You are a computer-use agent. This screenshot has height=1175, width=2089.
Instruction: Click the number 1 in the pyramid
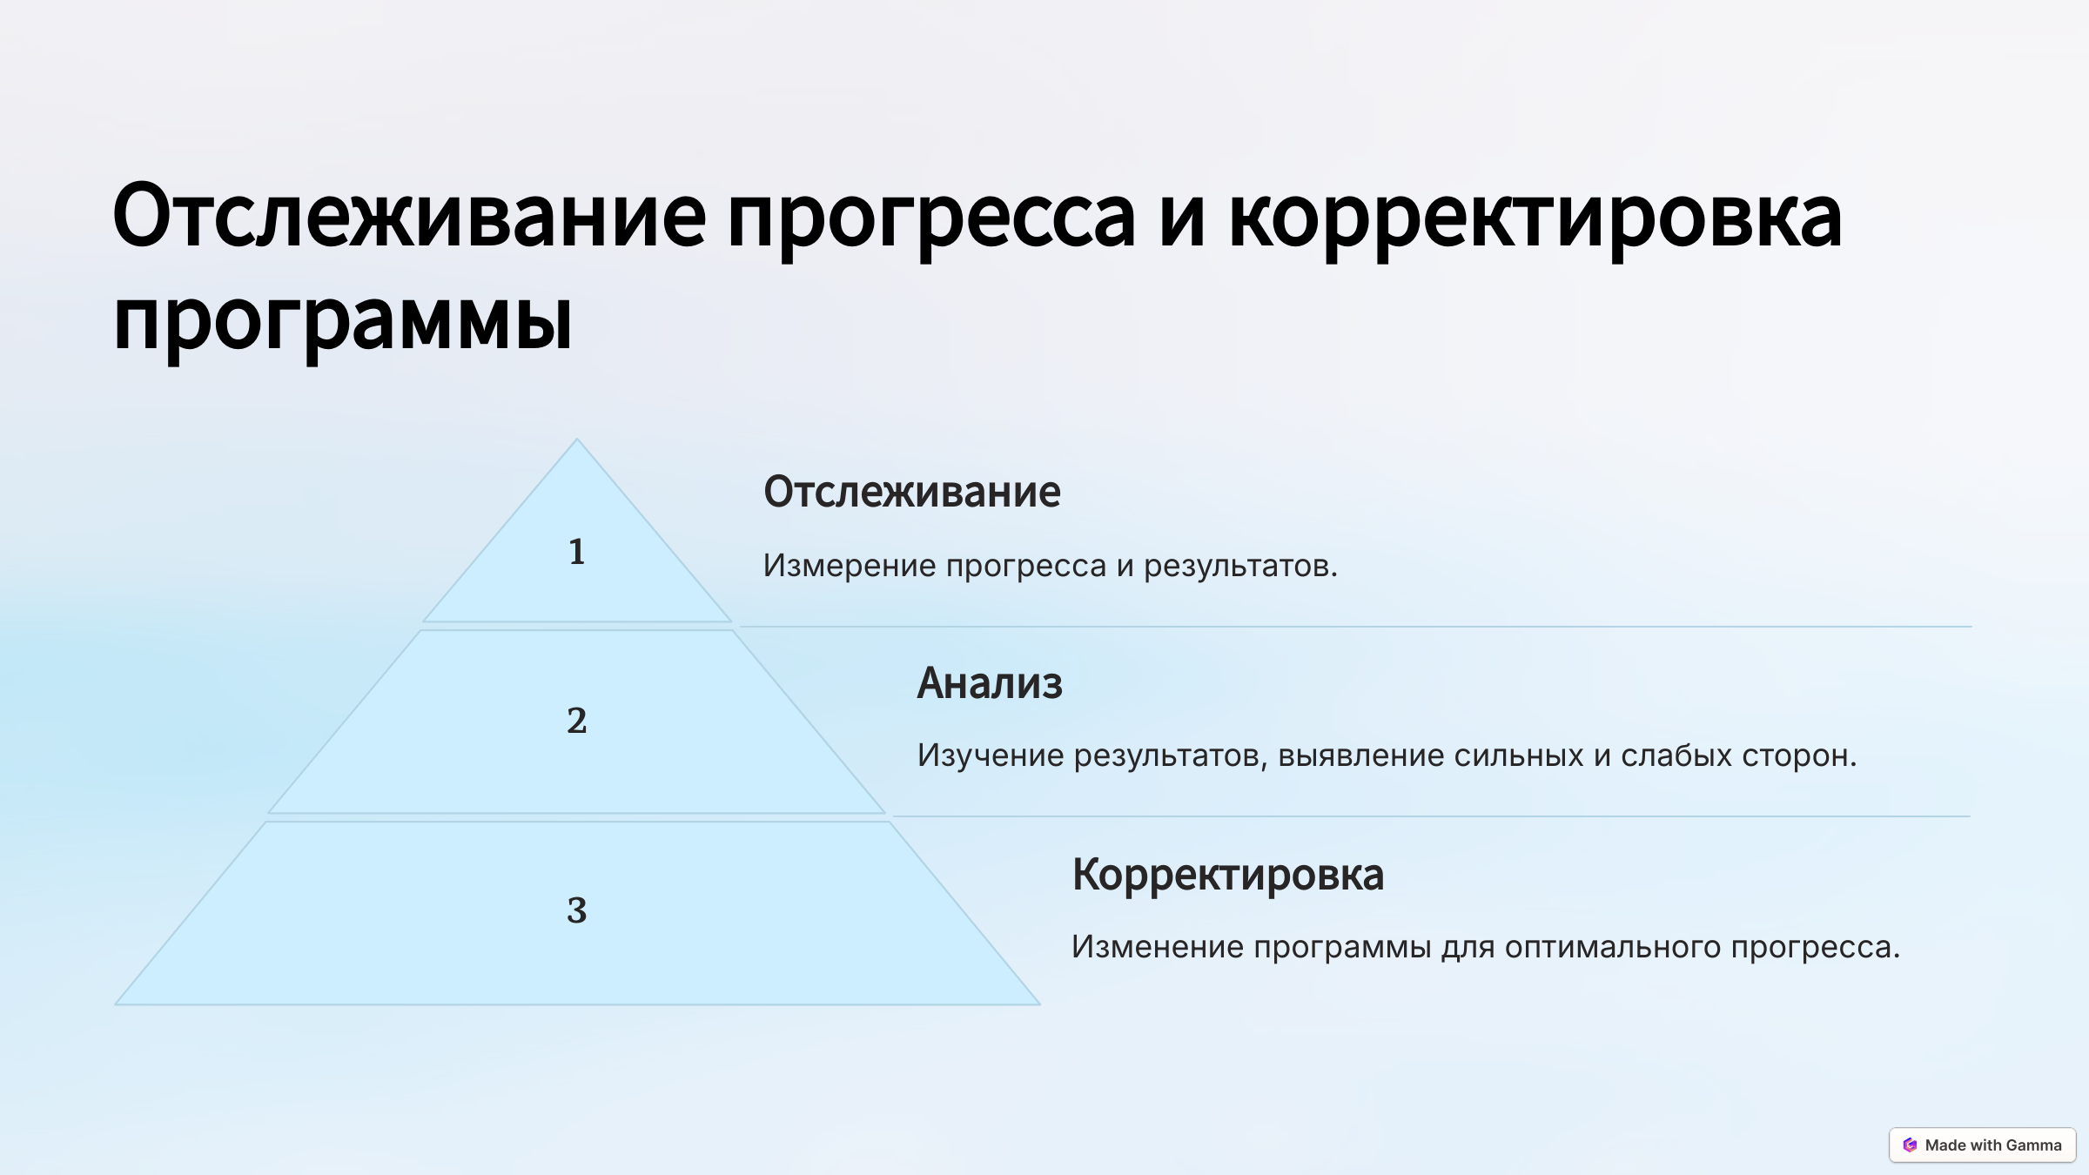(x=576, y=552)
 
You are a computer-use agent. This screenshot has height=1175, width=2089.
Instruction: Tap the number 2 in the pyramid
(x=576, y=721)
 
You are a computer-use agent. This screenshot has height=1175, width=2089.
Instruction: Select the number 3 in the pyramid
(x=576, y=910)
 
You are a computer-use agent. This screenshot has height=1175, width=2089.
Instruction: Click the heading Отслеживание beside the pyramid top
(x=911, y=492)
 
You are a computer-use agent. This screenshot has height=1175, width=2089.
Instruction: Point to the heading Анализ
(x=990, y=683)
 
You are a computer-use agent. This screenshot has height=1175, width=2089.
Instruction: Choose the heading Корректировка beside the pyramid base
(x=1227, y=875)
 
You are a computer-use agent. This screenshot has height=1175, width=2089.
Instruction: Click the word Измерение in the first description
(x=849, y=566)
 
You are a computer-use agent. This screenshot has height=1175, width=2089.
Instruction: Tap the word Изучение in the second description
(x=991, y=755)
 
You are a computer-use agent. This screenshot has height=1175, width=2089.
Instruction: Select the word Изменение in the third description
(x=1158, y=947)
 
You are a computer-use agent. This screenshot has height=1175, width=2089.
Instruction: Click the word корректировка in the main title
(x=1535, y=218)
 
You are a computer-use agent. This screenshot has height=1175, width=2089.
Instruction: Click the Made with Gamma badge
(x=1982, y=1145)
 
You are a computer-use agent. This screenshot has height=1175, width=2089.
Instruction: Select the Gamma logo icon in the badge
(x=1910, y=1145)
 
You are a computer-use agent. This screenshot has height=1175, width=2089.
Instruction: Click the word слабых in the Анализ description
(x=1676, y=755)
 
